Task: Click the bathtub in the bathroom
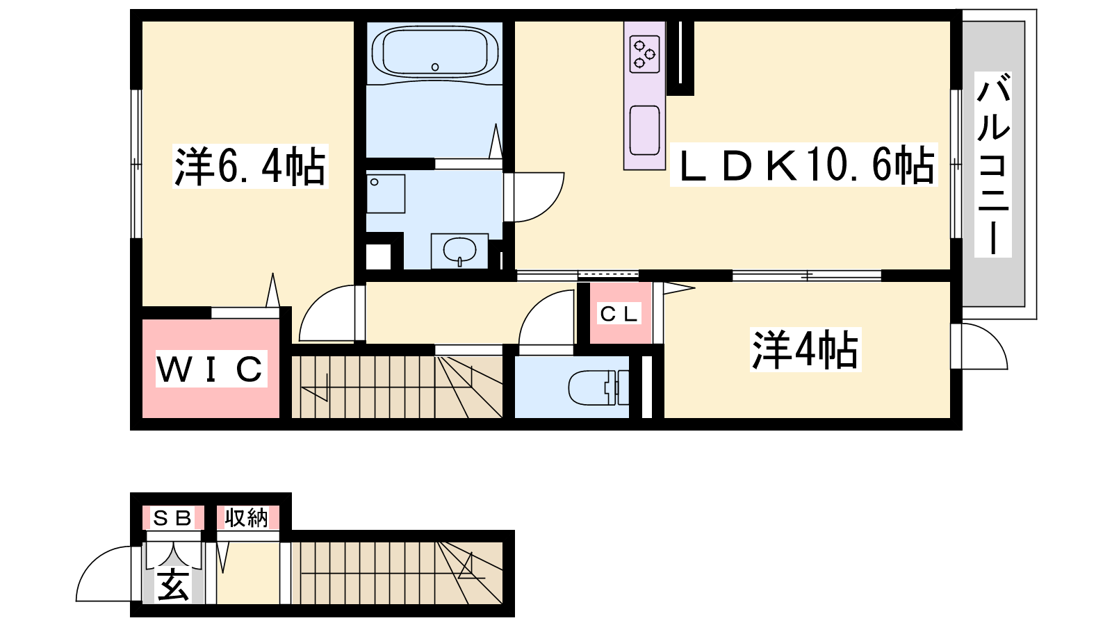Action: pyautogui.click(x=435, y=51)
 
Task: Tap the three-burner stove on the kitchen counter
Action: pyautogui.click(x=644, y=53)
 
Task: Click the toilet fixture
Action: pyautogui.click(x=598, y=387)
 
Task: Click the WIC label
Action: pyautogui.click(x=211, y=369)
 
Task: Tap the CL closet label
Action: pyautogui.click(x=619, y=313)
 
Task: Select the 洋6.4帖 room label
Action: pyautogui.click(x=250, y=166)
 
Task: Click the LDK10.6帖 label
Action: pyautogui.click(x=803, y=165)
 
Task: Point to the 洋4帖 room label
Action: pyautogui.click(x=806, y=350)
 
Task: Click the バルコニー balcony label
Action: pyautogui.click(x=993, y=164)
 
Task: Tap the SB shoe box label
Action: pyautogui.click(x=173, y=518)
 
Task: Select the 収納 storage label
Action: pyautogui.click(x=246, y=518)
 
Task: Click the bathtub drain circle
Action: pyautogui.click(x=435, y=67)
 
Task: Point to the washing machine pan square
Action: pyautogui.click(x=386, y=194)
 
